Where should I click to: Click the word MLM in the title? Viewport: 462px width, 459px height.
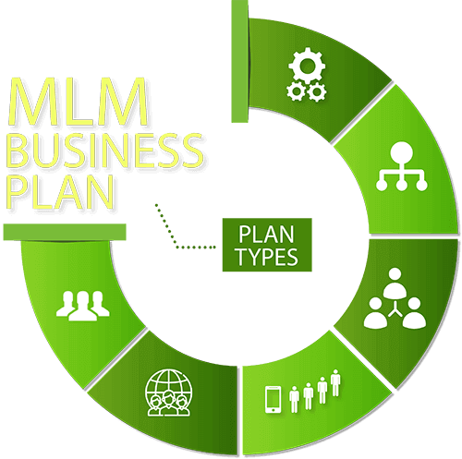point(79,102)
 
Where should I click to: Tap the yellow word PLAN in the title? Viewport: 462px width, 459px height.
point(60,191)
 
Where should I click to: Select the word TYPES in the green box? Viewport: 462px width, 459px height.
point(267,257)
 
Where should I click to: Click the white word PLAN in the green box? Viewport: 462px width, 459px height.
point(266,235)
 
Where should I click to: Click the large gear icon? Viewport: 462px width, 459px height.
point(307,66)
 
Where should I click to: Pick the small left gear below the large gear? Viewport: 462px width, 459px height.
point(297,91)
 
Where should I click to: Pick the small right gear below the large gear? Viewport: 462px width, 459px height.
point(317,91)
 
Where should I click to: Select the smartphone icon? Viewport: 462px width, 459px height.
point(274,400)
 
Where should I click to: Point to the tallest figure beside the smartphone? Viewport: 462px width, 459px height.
point(335,383)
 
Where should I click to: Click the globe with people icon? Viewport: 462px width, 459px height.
point(168,393)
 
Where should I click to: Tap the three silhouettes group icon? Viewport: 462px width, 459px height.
point(83,306)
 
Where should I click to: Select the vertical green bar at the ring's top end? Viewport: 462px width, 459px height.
point(240,61)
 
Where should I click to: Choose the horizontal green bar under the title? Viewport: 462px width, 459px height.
point(65,232)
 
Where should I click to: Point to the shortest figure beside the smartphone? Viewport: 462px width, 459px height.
point(295,400)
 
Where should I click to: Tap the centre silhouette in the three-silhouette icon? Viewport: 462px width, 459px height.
point(82,307)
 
